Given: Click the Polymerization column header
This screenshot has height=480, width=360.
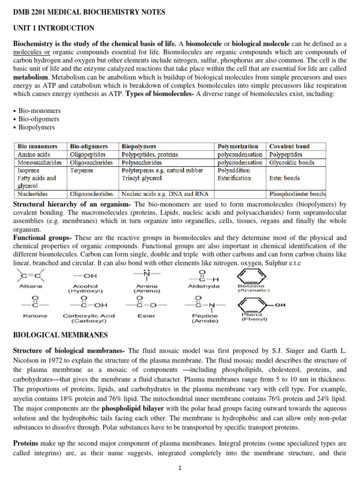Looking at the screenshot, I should click(x=238, y=146).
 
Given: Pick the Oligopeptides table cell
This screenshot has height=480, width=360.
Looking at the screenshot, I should click(x=88, y=154).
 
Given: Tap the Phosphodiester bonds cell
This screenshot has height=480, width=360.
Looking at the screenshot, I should click(x=297, y=193).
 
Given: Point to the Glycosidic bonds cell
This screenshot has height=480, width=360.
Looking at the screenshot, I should click(x=292, y=163).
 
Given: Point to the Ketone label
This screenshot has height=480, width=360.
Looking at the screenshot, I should click(x=35, y=316).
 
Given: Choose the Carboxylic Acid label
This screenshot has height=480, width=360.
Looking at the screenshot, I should click(x=89, y=316).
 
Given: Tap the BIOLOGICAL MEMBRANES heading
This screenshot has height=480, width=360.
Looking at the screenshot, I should click(x=60, y=335).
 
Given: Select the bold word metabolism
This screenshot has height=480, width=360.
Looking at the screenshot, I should click(x=30, y=77).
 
